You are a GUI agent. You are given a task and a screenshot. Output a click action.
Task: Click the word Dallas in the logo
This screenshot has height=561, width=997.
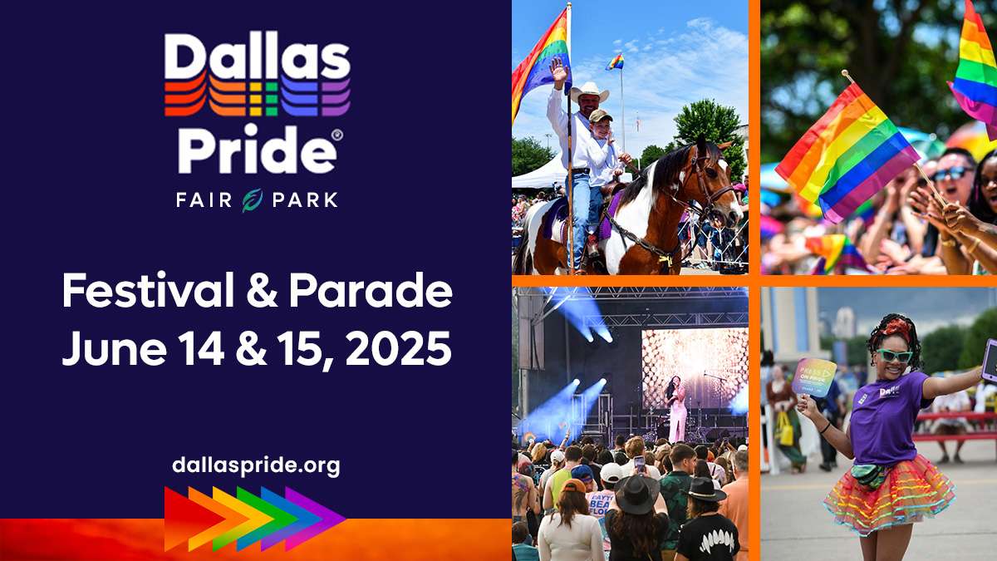(257, 56)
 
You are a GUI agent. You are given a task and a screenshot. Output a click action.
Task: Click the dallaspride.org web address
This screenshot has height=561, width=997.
(256, 465)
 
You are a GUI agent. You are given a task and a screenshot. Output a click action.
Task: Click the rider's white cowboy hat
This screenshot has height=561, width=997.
(588, 90)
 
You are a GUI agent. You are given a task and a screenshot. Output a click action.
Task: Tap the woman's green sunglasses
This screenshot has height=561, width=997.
(892, 356)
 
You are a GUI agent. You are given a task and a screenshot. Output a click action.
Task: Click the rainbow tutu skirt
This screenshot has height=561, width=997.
(887, 497)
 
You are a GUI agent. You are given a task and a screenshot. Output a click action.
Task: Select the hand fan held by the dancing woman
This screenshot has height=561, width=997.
(813, 376)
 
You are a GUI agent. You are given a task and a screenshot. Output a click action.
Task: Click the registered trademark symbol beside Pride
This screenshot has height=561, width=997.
(336, 134)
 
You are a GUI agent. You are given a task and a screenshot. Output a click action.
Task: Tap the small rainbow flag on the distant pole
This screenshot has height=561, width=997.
(615, 62)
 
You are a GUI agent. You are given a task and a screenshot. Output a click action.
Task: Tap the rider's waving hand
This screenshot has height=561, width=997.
(557, 70)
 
